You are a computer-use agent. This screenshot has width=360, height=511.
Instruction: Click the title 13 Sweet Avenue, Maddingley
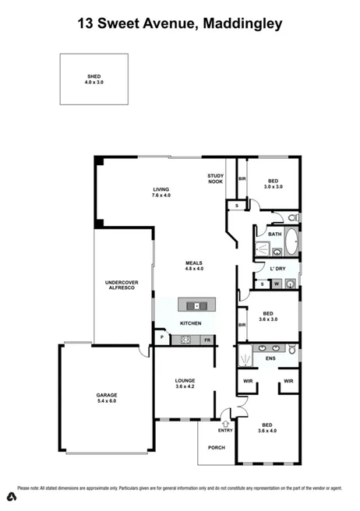click(180, 24)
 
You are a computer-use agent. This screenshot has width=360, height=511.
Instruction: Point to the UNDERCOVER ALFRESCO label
click(121, 285)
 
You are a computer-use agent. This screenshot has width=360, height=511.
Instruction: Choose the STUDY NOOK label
click(216, 178)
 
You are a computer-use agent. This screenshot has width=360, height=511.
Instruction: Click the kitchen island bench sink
click(195, 305)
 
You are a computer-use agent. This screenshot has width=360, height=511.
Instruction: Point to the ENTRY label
click(225, 429)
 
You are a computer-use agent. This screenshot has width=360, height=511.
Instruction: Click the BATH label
click(274, 233)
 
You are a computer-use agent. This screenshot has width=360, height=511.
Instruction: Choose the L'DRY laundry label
click(277, 269)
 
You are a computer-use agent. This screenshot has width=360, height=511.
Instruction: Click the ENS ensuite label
click(270, 359)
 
